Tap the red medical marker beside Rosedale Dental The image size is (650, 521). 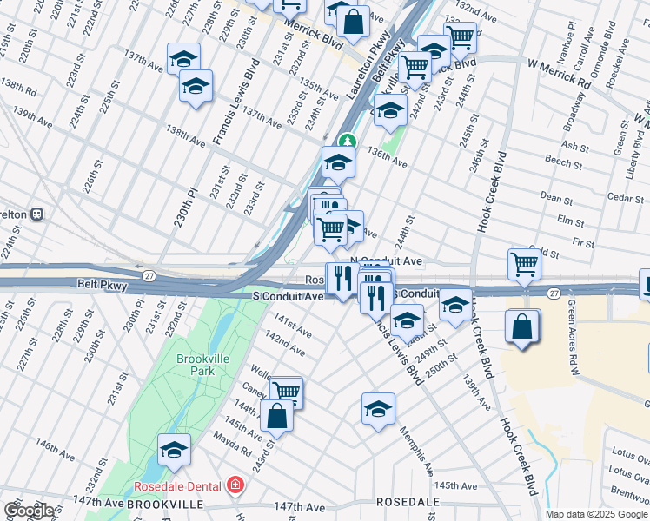click(x=234, y=485)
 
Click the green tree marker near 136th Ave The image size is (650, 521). click(x=347, y=140)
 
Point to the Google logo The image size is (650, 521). click(x=29, y=511)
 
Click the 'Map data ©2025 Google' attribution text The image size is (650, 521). click(x=596, y=514)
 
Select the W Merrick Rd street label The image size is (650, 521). click(x=558, y=71)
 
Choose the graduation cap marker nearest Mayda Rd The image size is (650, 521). click(x=174, y=449)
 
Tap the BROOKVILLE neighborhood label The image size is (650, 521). click(x=164, y=504)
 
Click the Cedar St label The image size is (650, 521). click(x=625, y=198)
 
